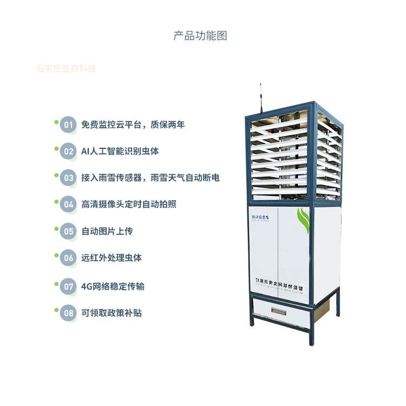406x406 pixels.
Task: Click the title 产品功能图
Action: click(x=200, y=36)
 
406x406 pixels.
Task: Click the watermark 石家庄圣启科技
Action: click(x=66, y=69)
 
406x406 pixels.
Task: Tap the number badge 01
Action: click(x=68, y=125)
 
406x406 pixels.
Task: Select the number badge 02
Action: click(x=68, y=152)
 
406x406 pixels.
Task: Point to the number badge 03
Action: click(x=68, y=178)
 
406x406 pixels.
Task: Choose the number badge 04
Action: click(x=68, y=205)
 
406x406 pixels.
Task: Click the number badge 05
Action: click(x=68, y=232)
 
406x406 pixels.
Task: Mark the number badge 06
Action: click(x=68, y=258)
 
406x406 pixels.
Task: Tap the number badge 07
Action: click(x=68, y=286)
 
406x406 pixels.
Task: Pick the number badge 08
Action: click(x=68, y=313)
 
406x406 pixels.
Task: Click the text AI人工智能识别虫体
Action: click(x=120, y=152)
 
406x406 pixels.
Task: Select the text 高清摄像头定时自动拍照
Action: click(x=128, y=205)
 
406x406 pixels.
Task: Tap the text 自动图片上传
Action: click(x=107, y=232)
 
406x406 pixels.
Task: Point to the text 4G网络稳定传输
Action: click(x=113, y=286)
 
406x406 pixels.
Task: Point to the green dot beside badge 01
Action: click(x=56, y=121)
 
